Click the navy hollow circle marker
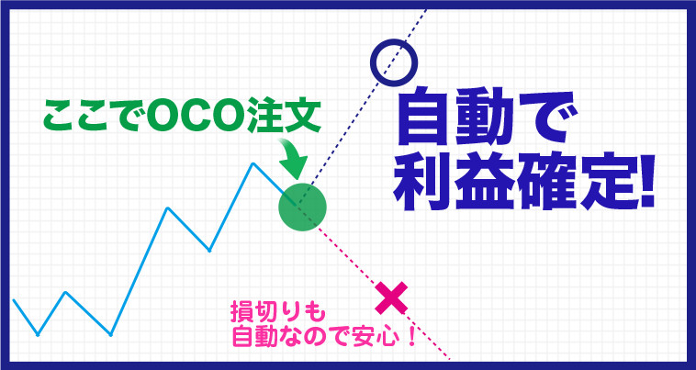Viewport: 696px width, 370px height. click(394, 44)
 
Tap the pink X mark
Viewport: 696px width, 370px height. click(391, 297)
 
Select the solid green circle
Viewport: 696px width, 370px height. click(302, 207)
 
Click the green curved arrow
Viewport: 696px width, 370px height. click(291, 159)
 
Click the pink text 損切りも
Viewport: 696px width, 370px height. click(278, 314)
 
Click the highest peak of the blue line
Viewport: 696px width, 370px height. click(253, 163)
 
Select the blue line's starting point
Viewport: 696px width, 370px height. click(14, 300)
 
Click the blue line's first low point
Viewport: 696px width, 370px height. click(38, 334)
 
